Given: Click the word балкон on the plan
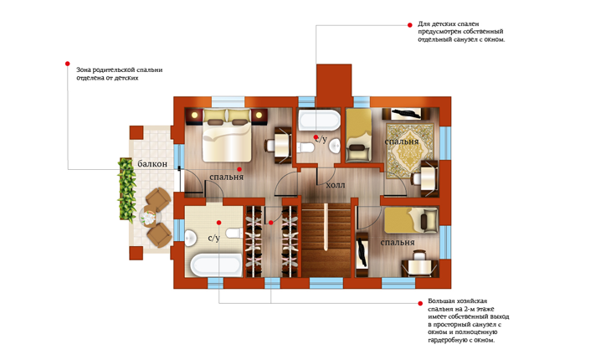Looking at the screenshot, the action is pos(152,164).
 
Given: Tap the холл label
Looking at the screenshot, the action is pos(336,185).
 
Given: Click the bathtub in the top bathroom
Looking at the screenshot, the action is pos(319,120).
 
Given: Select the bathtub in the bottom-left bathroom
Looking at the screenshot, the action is pos(216,265).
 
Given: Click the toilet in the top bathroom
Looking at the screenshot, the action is pos(305,148).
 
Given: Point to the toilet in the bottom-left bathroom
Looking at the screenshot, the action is pos(234,234).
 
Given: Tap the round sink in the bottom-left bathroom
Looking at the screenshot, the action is pos(190,239).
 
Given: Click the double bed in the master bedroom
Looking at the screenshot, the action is pos(226,135).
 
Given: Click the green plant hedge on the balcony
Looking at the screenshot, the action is pos(126,189).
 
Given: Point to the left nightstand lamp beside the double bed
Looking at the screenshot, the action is pos(193,115).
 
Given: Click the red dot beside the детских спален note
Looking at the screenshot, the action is pos(409,25).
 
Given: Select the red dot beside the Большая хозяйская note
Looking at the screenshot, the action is pos(420,303).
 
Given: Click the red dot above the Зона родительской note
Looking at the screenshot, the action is pos(68,64).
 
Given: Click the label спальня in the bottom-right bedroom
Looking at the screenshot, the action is pos(397,242).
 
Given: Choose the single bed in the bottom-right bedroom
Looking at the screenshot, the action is pos(411,220).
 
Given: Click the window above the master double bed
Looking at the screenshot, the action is pos(228,101).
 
